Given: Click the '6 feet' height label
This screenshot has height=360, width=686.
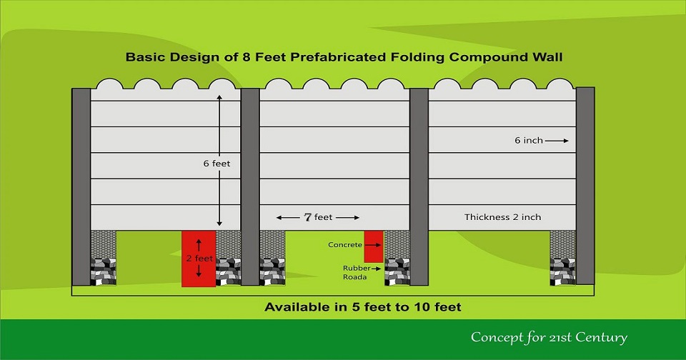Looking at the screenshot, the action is pos(217,164).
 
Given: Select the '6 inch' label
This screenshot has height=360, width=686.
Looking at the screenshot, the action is pos(529,141).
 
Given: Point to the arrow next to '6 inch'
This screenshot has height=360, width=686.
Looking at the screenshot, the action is pos(557,141).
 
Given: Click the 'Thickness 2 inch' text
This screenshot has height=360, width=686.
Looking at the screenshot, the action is pos(502,217).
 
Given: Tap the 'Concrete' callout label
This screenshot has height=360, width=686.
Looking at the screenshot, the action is pos(345,245).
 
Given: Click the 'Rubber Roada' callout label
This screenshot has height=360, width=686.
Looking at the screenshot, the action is pos(355,273).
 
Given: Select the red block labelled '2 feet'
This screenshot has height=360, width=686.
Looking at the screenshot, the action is pos(199,259).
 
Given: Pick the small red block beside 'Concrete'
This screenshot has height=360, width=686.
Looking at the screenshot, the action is pos(374,246).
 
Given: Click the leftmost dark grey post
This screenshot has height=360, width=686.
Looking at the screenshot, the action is pos(81,186).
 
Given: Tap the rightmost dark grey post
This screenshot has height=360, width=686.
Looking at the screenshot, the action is pos(585,186).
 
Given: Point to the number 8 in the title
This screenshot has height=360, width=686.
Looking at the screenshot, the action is pos(247,57).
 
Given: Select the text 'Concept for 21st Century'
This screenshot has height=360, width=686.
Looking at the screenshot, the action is pos(549,337).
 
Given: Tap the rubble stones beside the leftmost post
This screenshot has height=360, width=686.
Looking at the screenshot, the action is pos(103,271).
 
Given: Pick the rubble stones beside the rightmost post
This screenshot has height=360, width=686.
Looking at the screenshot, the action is pos(562,271).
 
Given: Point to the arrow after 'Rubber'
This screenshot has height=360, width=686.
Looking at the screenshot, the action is pos(376,269).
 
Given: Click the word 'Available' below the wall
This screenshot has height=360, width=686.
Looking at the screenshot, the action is pos(297,307).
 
